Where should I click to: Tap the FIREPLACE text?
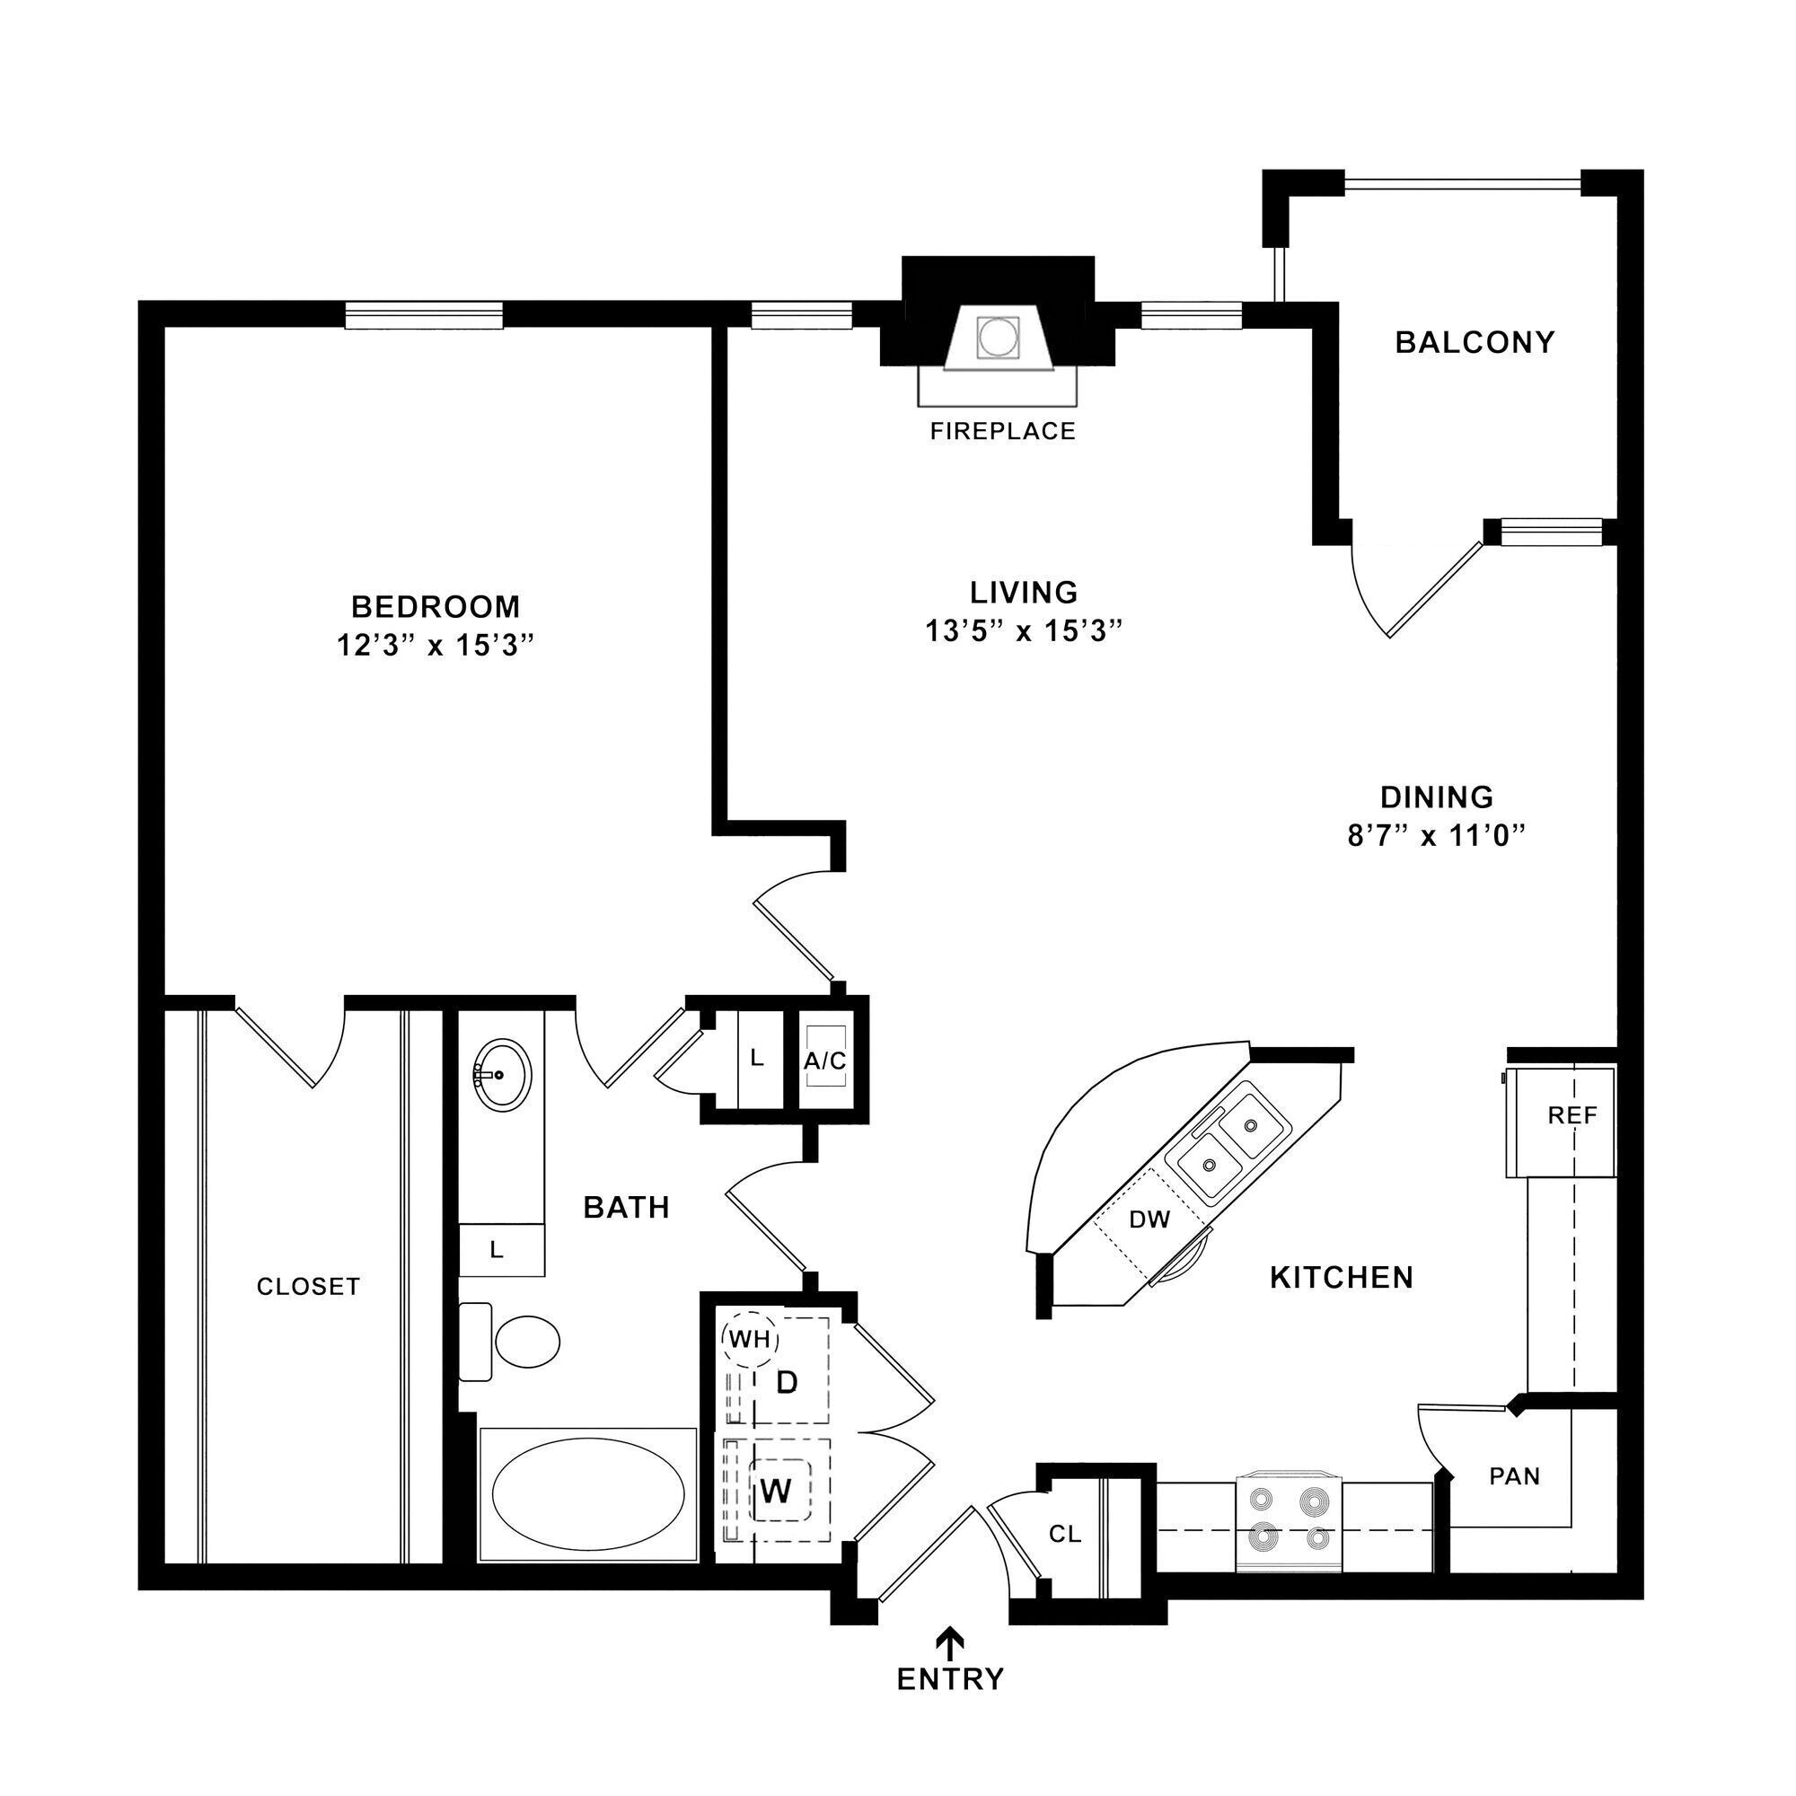[1002, 431]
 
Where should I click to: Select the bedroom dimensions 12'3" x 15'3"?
[436, 645]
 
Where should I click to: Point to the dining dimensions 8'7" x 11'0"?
[1437, 837]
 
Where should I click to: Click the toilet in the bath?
[525, 1342]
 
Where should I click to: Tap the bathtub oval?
[587, 1494]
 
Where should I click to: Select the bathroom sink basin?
[502, 1075]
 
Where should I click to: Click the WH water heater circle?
[749, 1340]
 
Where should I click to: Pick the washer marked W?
[776, 1491]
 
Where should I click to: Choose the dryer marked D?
[787, 1383]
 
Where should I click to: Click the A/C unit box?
[825, 1060]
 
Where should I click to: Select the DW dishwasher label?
[1149, 1219]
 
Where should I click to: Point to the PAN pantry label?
[1514, 1476]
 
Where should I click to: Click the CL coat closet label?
[1064, 1535]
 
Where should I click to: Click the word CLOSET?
[308, 1287]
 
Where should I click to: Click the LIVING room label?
[1024, 592]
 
